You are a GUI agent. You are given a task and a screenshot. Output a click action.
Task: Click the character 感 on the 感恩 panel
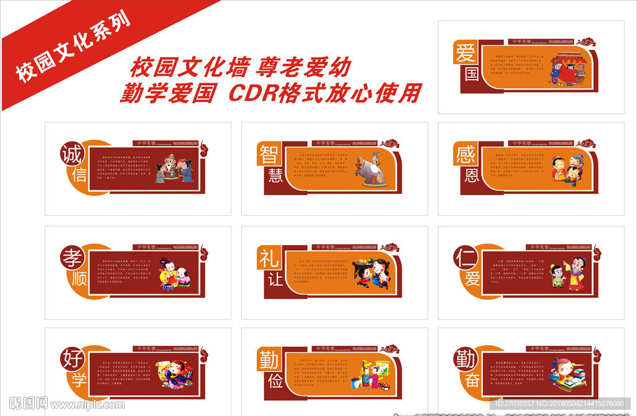click(466, 153)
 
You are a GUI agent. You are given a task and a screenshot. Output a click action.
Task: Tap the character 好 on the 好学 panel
click(72, 359)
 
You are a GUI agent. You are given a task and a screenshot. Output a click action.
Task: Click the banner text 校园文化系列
click(73, 47)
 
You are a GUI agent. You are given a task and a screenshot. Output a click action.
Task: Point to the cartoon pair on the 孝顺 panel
click(175, 274)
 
